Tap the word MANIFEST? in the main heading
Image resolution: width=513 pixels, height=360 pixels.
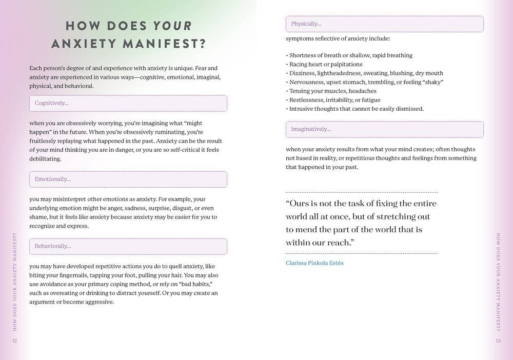pos(165,44)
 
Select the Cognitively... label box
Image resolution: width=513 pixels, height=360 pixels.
pos(128,103)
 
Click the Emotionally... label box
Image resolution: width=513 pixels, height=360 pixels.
pos(128,179)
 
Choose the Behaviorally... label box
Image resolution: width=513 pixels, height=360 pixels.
pos(128,246)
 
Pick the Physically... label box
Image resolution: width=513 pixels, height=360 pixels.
pos(384,24)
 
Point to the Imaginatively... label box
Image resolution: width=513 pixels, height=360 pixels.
pos(384,129)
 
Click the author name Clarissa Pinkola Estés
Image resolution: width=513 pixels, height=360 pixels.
pos(314,263)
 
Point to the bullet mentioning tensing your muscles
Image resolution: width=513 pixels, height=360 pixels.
pos(333,91)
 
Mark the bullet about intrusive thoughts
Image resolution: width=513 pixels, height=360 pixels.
pos(356,109)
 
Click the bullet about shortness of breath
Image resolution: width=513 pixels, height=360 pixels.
pos(350,55)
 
